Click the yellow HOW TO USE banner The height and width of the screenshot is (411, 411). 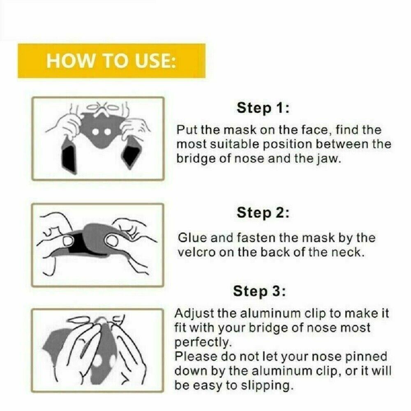[x=111, y=61]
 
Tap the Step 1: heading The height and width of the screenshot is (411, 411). [x=263, y=108]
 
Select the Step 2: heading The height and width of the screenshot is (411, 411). [x=263, y=212]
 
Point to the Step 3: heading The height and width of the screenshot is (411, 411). [x=259, y=291]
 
